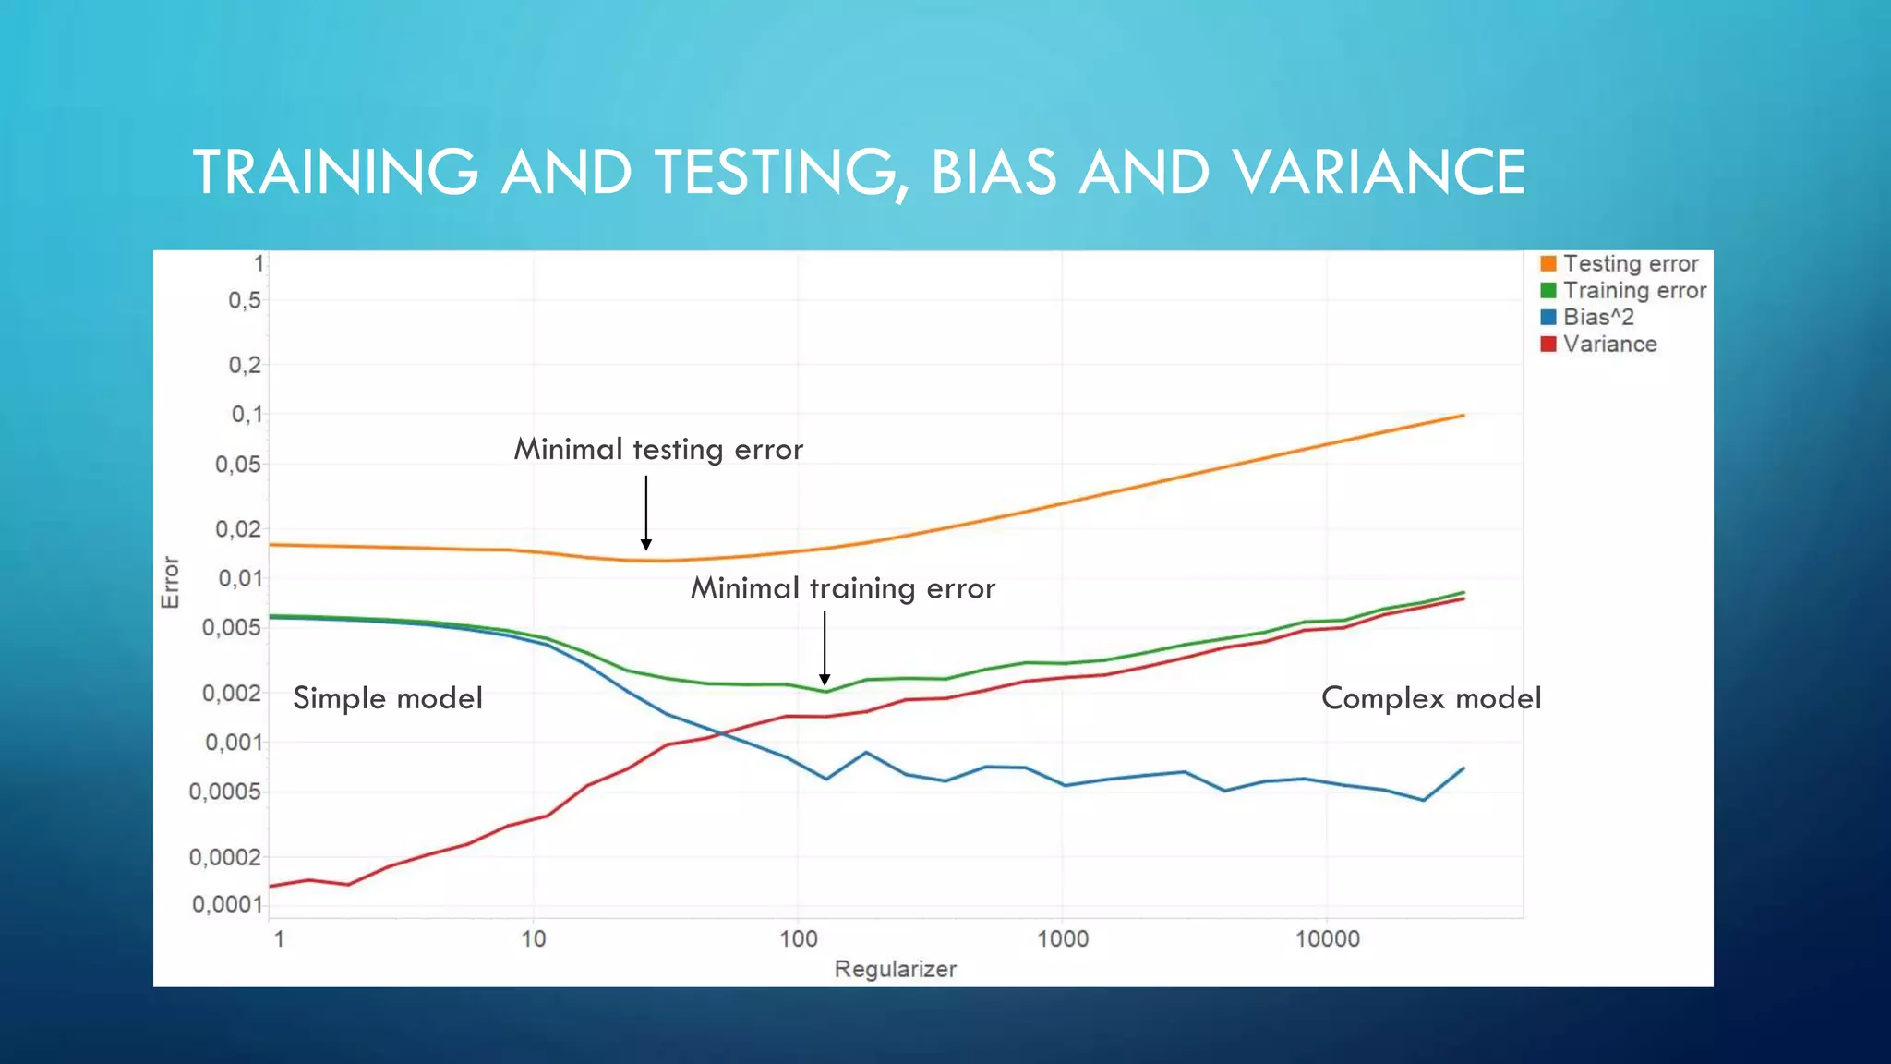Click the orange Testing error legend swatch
(x=1548, y=264)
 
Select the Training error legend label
(x=1633, y=291)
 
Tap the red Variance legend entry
(x=1608, y=345)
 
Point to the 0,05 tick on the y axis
(x=238, y=465)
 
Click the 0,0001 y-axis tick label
(x=227, y=904)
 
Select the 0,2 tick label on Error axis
(x=245, y=366)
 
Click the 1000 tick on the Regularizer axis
(x=1063, y=939)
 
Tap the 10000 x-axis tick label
(x=1327, y=939)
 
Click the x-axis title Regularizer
(x=895, y=970)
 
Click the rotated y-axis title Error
(x=170, y=582)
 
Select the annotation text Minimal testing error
(x=658, y=450)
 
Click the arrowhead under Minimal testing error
(x=646, y=545)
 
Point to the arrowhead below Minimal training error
(x=825, y=680)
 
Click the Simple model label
(x=388, y=698)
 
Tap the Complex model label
(x=1431, y=698)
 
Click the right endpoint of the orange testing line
(x=1463, y=416)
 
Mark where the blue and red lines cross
(x=722, y=734)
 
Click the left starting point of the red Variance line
(x=270, y=887)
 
